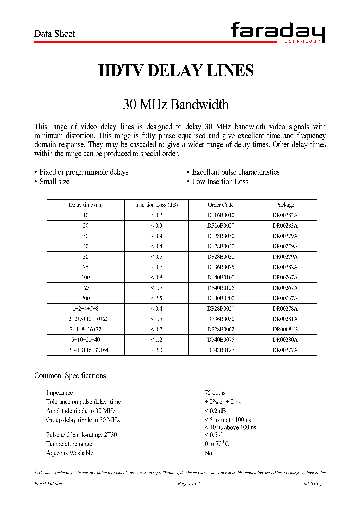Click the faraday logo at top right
(278, 34)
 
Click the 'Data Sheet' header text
(54, 34)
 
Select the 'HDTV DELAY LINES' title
(176, 71)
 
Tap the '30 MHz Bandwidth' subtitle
(176, 105)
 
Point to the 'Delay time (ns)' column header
(85, 205)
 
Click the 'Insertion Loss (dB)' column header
(156, 205)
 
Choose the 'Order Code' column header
(221, 205)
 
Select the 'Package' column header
(285, 205)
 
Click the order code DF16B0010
(221, 215)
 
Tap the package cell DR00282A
(285, 267)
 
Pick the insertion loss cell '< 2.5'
(156, 298)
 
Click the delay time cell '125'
(86, 288)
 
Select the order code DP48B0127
(221, 350)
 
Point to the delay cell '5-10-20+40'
(86, 340)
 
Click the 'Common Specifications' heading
(70, 376)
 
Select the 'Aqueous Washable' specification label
(69, 453)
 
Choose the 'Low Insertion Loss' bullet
(219, 182)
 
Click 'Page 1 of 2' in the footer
(189, 484)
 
